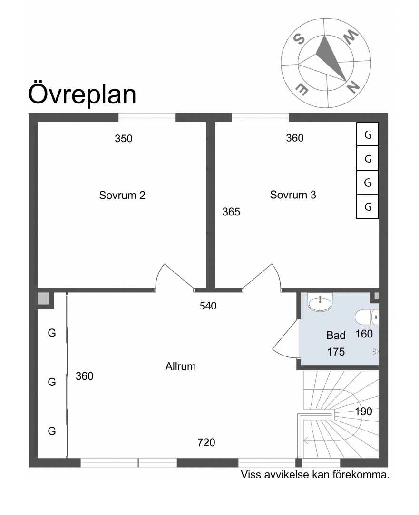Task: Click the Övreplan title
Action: tap(82, 94)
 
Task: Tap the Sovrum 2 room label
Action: tap(122, 196)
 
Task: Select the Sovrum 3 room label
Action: tap(293, 195)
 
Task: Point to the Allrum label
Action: tap(180, 366)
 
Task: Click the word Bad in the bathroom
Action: tap(336, 335)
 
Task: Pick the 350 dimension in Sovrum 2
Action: tap(124, 139)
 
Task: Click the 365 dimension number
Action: tap(231, 212)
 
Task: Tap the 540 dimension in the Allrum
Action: tap(208, 306)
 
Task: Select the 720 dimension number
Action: tap(206, 443)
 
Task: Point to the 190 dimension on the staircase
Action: tap(363, 412)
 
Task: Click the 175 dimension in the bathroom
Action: tap(336, 352)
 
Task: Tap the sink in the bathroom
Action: tap(320, 302)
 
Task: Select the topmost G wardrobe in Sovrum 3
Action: tap(368, 134)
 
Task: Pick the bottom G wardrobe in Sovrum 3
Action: tap(368, 206)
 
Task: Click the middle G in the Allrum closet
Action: tap(52, 382)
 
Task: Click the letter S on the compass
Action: tap(299, 39)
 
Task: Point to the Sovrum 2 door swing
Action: tap(175, 278)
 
